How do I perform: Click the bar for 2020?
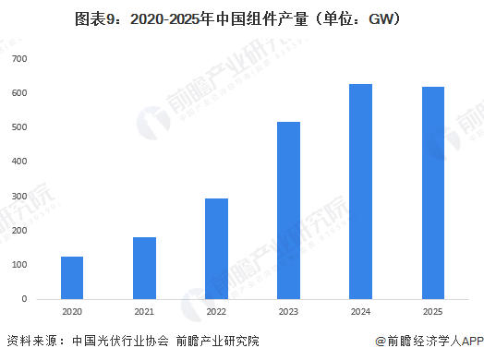(72, 277)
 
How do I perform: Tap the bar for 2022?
(216, 248)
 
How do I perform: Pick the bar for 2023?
(288, 210)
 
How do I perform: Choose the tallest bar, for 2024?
(360, 191)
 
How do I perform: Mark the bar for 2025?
(432, 193)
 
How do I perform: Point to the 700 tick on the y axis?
(19, 59)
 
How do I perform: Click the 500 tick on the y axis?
(19, 127)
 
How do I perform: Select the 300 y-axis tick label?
(19, 197)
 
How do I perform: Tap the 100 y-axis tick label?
(19, 265)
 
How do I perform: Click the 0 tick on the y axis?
(25, 299)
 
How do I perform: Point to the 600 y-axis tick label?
(19, 93)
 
